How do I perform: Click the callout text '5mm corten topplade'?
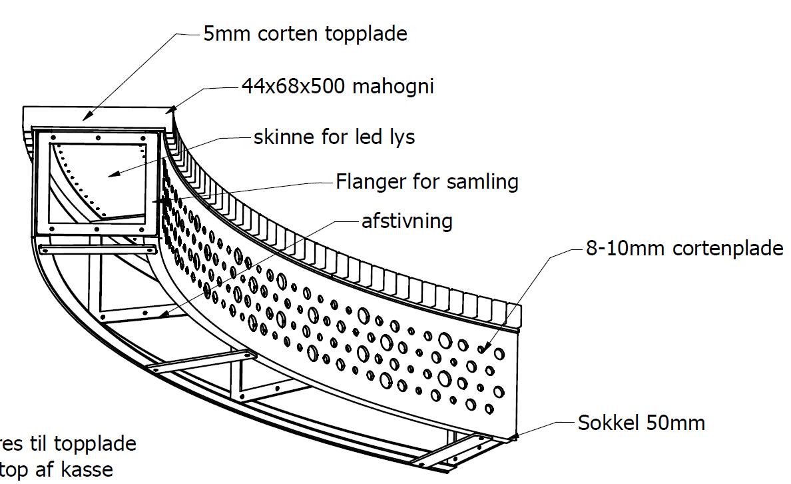pyautogui.click(x=305, y=34)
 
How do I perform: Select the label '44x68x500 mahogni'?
pyautogui.click(x=337, y=86)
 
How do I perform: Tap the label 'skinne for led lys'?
pyautogui.click(x=334, y=137)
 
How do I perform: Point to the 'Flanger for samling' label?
pyautogui.click(x=427, y=181)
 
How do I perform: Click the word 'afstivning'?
pyautogui.click(x=407, y=221)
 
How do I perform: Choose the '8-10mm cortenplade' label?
pyautogui.click(x=684, y=249)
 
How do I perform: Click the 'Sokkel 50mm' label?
pyautogui.click(x=641, y=422)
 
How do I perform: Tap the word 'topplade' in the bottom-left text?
pyautogui.click(x=95, y=443)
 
